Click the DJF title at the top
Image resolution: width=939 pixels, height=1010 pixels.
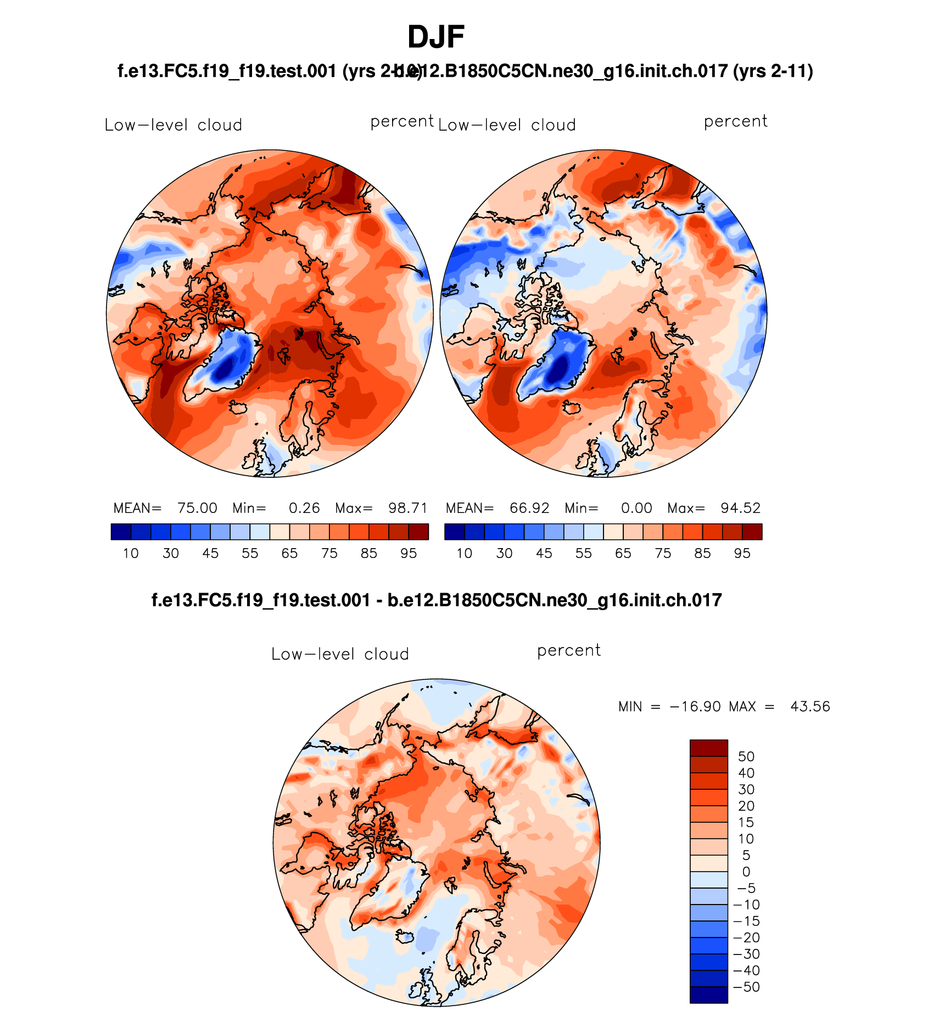(x=436, y=37)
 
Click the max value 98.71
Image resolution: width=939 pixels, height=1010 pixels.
(x=407, y=508)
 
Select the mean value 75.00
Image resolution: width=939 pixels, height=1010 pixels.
(x=197, y=508)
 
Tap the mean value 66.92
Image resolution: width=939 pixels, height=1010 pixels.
(x=529, y=508)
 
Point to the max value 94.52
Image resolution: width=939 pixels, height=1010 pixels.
(x=740, y=508)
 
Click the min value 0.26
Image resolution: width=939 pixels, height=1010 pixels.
(x=304, y=508)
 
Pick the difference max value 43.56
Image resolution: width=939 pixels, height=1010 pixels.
(x=810, y=706)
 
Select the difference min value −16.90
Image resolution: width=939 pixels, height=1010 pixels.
(x=695, y=706)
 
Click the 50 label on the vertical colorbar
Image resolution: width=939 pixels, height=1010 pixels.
(x=746, y=757)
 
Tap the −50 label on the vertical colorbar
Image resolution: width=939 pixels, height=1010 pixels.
(x=746, y=987)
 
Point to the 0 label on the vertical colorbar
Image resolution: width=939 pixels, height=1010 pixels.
(x=746, y=872)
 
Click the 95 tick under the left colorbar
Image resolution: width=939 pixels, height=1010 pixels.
(x=409, y=553)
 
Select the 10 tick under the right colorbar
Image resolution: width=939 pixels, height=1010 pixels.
(x=465, y=553)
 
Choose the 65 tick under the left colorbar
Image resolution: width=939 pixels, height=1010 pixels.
(x=289, y=553)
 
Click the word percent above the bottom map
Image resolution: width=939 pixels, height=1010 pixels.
(x=569, y=650)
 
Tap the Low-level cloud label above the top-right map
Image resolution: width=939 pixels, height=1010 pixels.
(x=507, y=125)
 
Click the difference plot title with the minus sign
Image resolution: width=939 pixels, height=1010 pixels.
(x=436, y=600)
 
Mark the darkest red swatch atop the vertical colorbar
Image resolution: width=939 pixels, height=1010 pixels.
(x=708, y=748)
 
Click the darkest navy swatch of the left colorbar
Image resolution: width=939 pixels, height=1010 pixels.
(x=121, y=532)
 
